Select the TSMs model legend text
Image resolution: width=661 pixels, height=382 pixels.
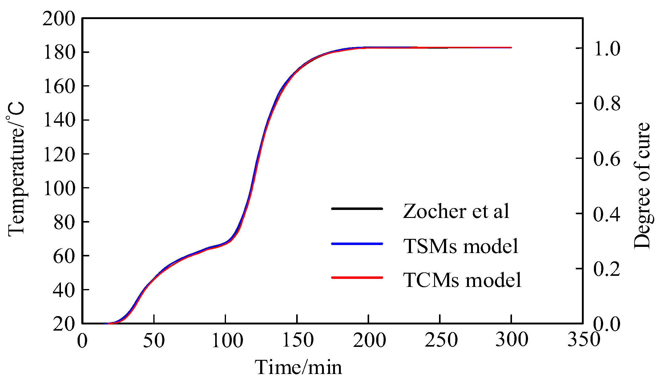tap(461, 246)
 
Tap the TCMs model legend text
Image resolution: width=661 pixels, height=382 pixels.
tap(462, 280)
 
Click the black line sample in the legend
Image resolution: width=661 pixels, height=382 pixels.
tap(357, 209)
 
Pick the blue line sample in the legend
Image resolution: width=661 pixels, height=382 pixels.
tap(357, 244)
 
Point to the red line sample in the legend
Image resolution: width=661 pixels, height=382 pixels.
tap(357, 278)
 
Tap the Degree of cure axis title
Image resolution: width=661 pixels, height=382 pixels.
tap(642, 186)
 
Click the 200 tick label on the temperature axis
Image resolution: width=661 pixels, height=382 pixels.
tap(58, 19)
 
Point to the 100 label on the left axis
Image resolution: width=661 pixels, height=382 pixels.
tap(58, 188)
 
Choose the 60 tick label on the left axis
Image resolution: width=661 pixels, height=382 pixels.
tap(64, 256)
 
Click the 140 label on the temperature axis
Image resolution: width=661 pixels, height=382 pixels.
tap(58, 120)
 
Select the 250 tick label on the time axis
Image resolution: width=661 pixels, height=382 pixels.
tap(441, 340)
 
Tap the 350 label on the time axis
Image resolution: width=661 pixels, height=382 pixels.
tap(583, 340)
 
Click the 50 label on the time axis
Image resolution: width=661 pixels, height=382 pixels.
tap(154, 340)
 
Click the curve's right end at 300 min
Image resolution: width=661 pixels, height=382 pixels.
tap(511, 48)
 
